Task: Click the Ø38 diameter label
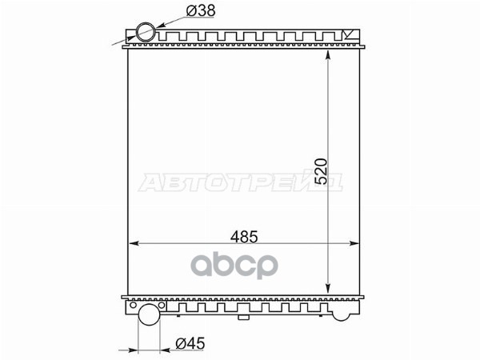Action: click(201, 11)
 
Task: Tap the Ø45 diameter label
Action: click(190, 343)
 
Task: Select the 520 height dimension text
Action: click(321, 171)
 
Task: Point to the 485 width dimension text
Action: click(244, 237)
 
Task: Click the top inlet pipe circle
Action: click(146, 32)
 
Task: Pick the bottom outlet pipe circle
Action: click(150, 314)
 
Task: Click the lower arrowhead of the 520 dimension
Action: click(328, 288)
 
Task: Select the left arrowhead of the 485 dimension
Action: click(134, 243)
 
